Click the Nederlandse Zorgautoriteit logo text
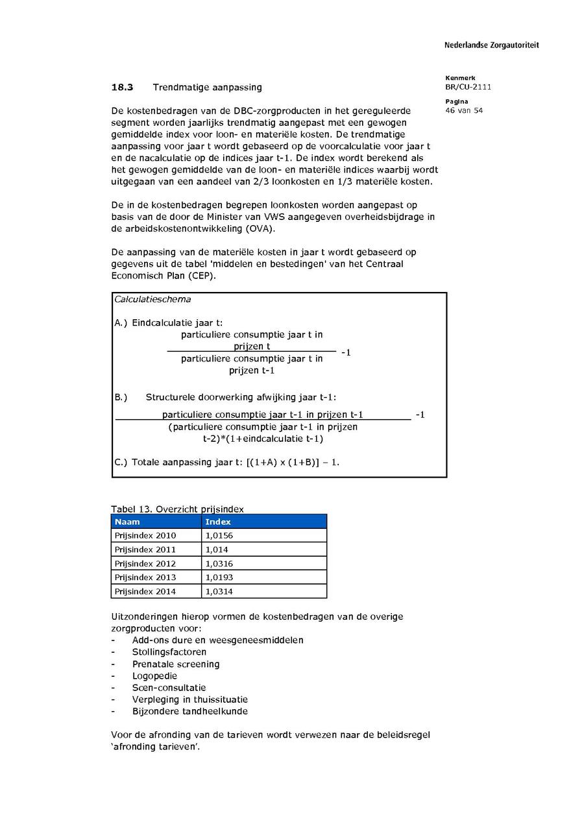[x=491, y=45]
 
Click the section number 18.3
[x=122, y=87]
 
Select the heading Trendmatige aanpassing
[x=207, y=87]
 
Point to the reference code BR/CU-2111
[x=468, y=87]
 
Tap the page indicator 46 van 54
[x=464, y=110]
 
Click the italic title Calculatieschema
[x=152, y=300]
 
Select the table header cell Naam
[x=127, y=522]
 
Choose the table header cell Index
[x=218, y=522]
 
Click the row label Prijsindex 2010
[x=145, y=536]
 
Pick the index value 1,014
[x=217, y=550]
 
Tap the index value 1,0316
[x=219, y=564]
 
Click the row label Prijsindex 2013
[x=145, y=577]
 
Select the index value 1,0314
[x=219, y=592]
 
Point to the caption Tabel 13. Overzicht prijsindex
[x=177, y=509]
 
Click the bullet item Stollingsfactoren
[x=169, y=652]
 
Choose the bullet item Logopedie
[x=154, y=676]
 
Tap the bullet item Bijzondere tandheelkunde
[x=189, y=712]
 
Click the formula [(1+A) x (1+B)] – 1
[x=293, y=463]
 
